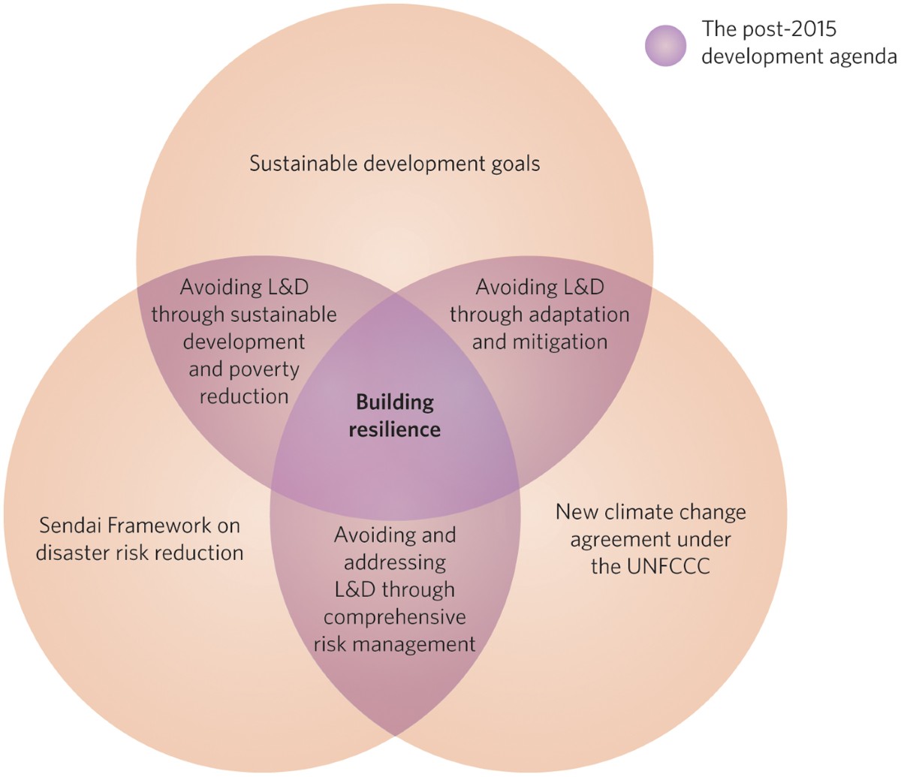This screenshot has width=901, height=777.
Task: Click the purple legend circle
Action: pos(665,45)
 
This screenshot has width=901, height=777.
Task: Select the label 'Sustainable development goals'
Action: pos(394,164)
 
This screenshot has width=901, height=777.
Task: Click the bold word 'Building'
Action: pos(395,402)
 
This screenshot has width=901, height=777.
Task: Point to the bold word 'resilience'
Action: pos(395,429)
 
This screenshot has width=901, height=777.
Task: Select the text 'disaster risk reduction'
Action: pos(140,553)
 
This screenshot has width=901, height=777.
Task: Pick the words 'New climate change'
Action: pos(650,512)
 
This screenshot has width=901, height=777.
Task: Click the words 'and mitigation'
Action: pos(539,342)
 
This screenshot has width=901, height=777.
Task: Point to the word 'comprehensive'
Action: pos(394,617)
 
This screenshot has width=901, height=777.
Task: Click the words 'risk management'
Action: pos(394,644)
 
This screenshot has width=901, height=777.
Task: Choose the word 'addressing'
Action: pos(394,562)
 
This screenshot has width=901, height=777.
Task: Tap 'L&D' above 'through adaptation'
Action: pos(577,287)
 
